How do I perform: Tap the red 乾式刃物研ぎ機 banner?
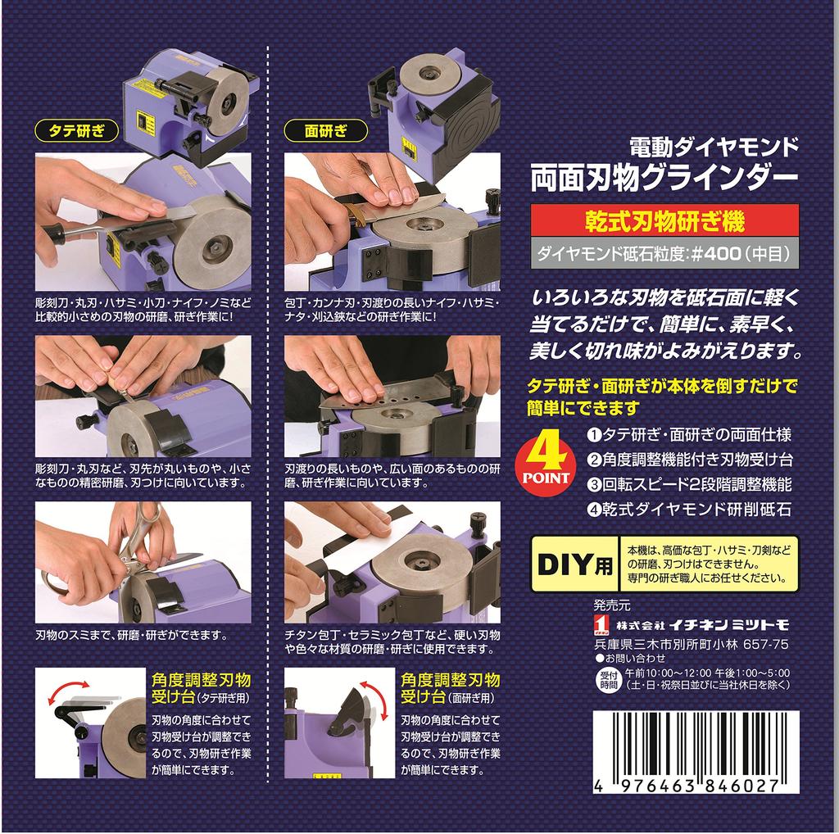pyautogui.click(x=664, y=221)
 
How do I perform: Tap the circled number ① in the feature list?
pyautogui.click(x=596, y=435)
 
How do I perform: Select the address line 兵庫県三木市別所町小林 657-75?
pyautogui.click(x=691, y=644)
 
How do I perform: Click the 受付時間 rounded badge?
pyautogui.click(x=606, y=678)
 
